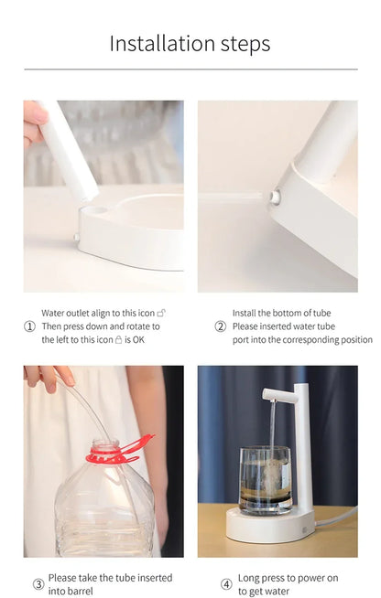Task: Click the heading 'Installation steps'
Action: coord(190,43)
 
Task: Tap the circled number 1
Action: coord(29,326)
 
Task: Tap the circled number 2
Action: coord(220,326)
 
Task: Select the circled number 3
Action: coord(38,584)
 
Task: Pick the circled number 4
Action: coord(226,584)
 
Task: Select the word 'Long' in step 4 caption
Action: coord(250,578)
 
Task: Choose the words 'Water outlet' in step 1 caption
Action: coord(66,313)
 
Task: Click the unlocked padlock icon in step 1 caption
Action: coord(161,313)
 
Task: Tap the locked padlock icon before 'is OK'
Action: coord(118,339)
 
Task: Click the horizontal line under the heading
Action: coord(190,69)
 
